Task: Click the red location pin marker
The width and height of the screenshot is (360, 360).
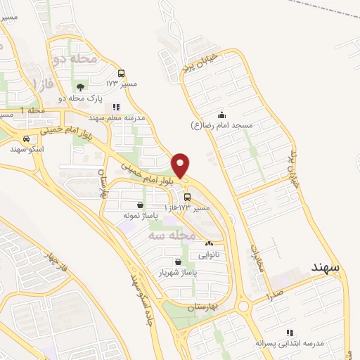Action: coord(181,165)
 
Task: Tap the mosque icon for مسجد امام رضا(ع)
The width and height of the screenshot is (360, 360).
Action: coord(222,115)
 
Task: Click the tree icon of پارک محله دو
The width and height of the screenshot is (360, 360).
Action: coord(80,88)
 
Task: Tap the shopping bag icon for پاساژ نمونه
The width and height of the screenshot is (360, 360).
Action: coord(141,205)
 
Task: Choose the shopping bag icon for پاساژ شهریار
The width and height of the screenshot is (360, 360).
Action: coord(176,262)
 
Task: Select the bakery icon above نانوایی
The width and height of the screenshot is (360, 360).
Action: coord(208,244)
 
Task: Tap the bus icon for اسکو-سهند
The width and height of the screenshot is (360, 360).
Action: coord(26,139)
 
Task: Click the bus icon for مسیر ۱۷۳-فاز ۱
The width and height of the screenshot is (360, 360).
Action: coord(186,197)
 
